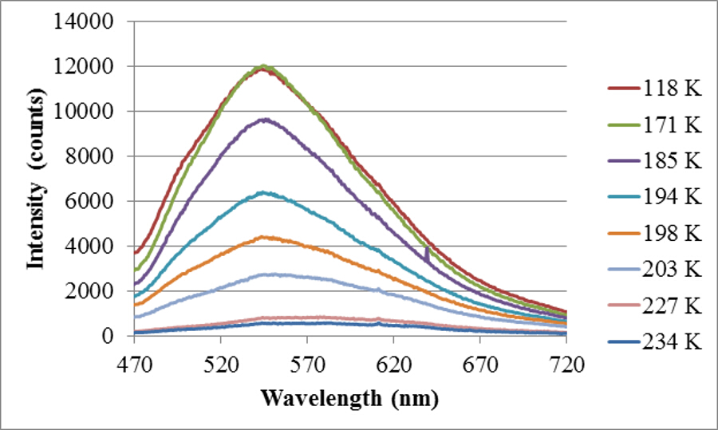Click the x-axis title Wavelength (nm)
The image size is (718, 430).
(350, 396)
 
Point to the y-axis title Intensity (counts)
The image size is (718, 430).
(36, 179)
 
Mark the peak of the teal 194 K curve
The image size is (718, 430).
(263, 192)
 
